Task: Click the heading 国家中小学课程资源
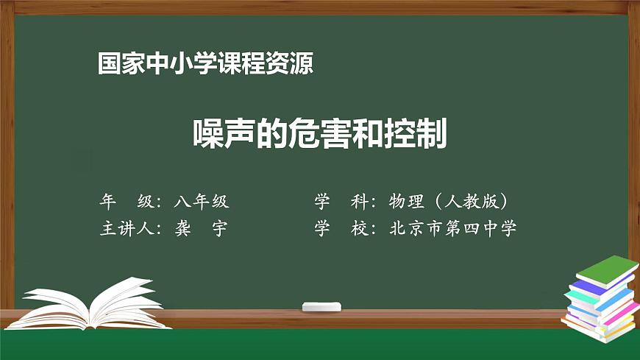click(x=206, y=64)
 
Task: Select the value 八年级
click(x=202, y=201)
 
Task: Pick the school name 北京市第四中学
click(x=453, y=228)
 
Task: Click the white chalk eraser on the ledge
click(x=322, y=306)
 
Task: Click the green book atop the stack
click(x=607, y=269)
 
